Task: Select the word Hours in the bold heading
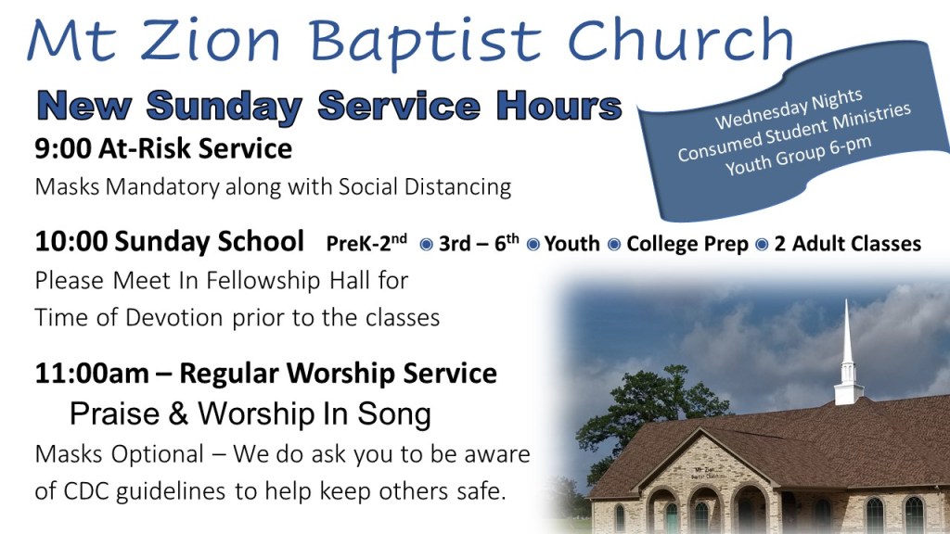[x=558, y=106]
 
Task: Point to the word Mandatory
[x=161, y=187]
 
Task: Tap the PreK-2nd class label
[x=366, y=242]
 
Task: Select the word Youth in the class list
[x=571, y=244]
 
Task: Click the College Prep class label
[x=687, y=244]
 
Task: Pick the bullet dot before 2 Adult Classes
[x=762, y=244]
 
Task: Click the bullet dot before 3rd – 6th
[x=427, y=244]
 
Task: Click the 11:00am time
[x=92, y=373]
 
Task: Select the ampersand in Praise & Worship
[x=178, y=414]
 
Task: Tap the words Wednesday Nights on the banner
[x=789, y=109]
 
